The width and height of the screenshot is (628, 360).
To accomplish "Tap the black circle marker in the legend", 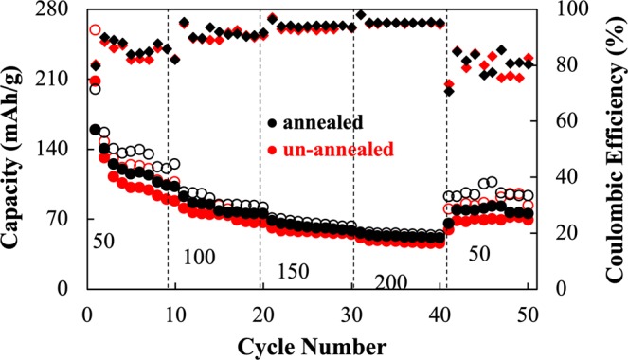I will [273, 121].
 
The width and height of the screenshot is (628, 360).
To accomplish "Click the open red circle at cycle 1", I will [95, 30].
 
